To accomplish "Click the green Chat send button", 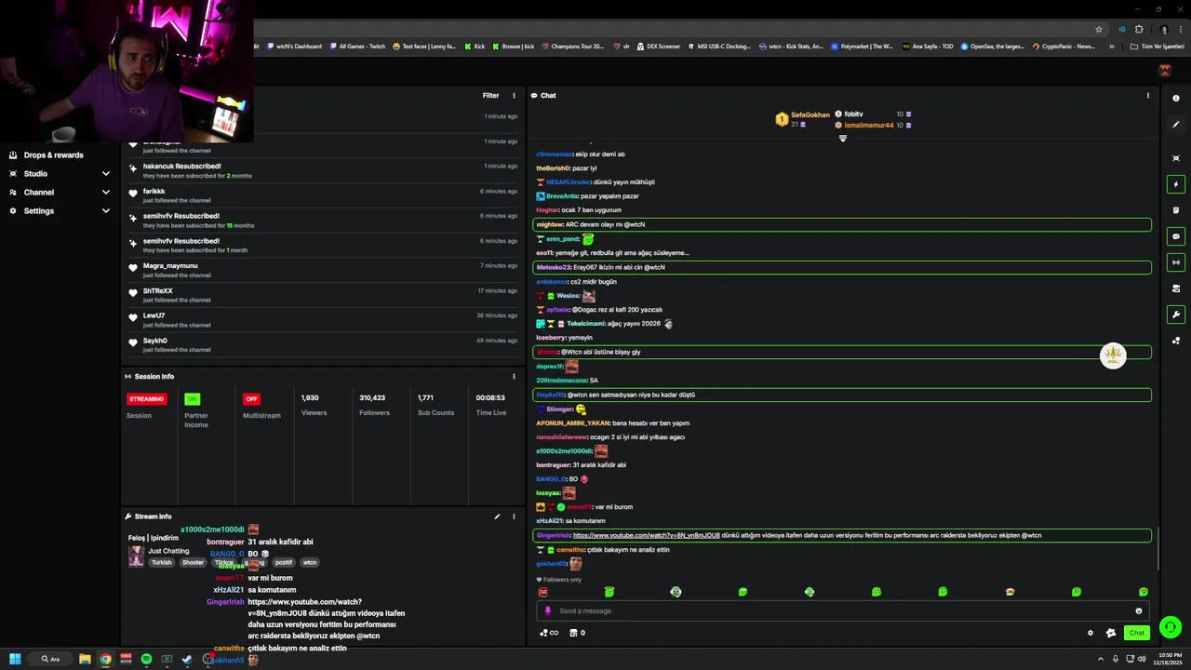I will coord(1136,633).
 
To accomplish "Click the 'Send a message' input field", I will coord(837,611).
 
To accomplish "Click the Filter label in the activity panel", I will coord(490,96).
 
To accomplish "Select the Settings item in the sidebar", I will coord(39,211).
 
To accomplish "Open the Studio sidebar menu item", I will coord(35,174).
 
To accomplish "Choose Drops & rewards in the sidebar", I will coord(53,155).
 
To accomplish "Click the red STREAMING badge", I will coord(147,399).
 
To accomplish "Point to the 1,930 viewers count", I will coord(310,398).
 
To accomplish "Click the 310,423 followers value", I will coord(372,398).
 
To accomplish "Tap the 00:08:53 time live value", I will coord(490,398).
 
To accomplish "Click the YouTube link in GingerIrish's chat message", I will coord(646,536).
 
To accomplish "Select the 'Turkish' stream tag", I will coord(162,563).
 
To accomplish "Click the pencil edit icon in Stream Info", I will coord(497,516).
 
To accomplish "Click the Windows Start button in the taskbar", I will coord(15,659).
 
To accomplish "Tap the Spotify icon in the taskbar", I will coord(146,659).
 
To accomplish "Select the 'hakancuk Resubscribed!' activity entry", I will coord(181,167).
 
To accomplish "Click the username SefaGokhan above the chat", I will coord(810,115).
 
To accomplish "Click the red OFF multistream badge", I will coord(251,399).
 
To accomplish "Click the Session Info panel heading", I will coord(154,377).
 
